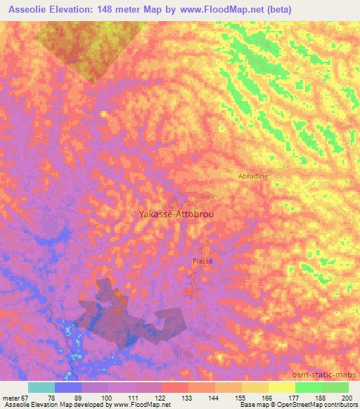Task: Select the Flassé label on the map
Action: pos(202,261)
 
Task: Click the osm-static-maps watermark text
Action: pos(328,372)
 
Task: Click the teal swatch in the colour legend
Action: pos(41,387)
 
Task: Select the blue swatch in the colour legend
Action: pos(68,387)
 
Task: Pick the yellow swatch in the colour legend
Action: pos(282,387)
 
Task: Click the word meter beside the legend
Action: pos(13,398)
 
